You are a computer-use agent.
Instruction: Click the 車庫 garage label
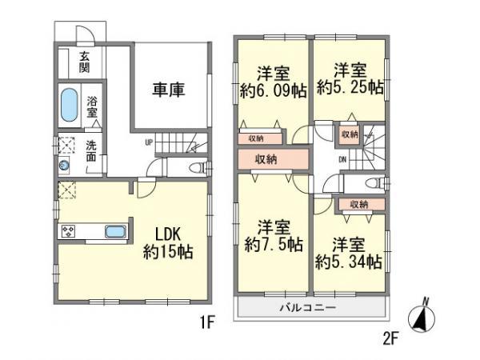click(169, 90)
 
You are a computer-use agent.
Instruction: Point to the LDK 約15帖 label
click(168, 242)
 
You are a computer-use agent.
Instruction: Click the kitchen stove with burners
click(67, 232)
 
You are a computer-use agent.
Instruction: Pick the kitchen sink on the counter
click(115, 232)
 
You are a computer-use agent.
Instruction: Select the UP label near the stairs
click(149, 143)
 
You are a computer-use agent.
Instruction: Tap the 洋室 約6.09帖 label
click(273, 79)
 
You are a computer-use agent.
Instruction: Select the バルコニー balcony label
click(307, 309)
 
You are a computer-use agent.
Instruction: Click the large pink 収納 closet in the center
click(266, 158)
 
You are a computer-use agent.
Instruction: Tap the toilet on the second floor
click(373, 183)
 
